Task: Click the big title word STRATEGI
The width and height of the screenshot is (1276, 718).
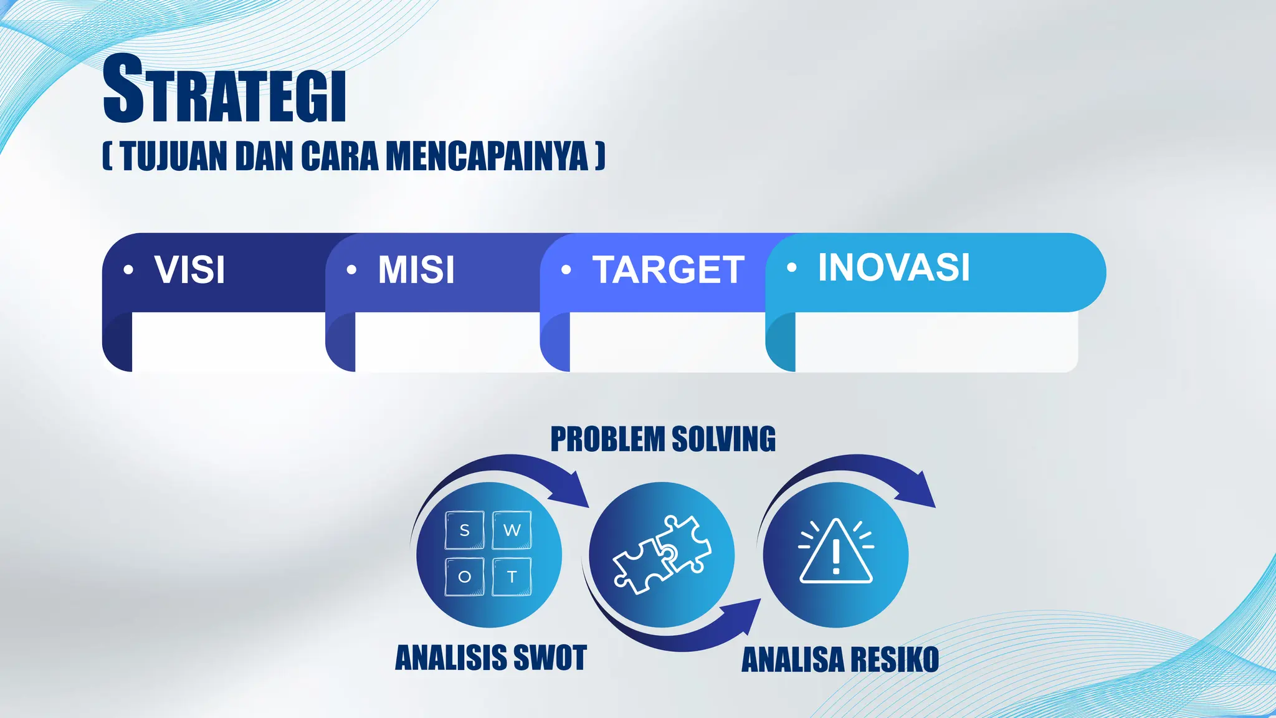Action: point(224,89)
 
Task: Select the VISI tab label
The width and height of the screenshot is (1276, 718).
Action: point(189,270)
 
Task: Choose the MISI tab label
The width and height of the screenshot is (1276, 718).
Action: point(416,270)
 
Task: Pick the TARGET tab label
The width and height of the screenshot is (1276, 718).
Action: point(668,270)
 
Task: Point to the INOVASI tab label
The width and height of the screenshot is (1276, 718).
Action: point(893,267)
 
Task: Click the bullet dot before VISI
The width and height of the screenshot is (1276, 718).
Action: point(128,270)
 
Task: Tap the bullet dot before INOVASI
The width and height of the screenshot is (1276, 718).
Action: point(791,267)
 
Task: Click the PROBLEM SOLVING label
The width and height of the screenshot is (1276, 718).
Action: point(663,439)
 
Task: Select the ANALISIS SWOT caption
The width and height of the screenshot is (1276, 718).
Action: point(491,658)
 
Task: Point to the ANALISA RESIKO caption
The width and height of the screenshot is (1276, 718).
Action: point(840,659)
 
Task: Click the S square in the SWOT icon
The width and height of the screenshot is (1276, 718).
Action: point(465,530)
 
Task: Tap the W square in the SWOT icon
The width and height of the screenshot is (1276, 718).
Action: point(512,530)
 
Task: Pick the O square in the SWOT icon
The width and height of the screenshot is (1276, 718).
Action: point(465,577)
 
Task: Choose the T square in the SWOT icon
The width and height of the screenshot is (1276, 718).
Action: point(512,577)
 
